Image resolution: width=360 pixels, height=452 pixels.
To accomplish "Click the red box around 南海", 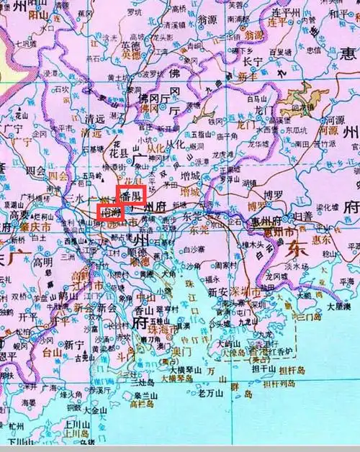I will coord(110,213).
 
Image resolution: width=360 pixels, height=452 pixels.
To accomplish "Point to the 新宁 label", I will coord(73,345).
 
